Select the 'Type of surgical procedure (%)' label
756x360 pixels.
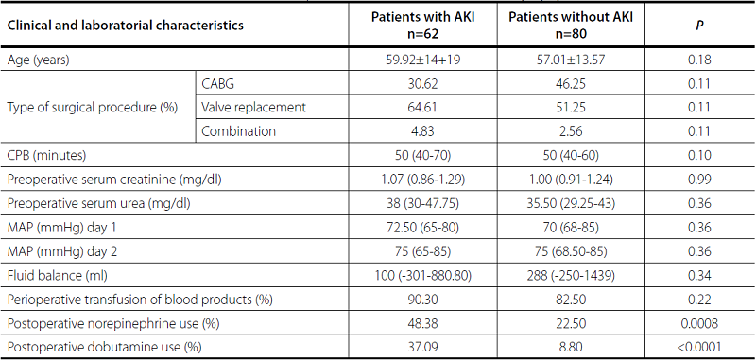(x=93, y=107)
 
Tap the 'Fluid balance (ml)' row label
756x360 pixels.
(x=56, y=276)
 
